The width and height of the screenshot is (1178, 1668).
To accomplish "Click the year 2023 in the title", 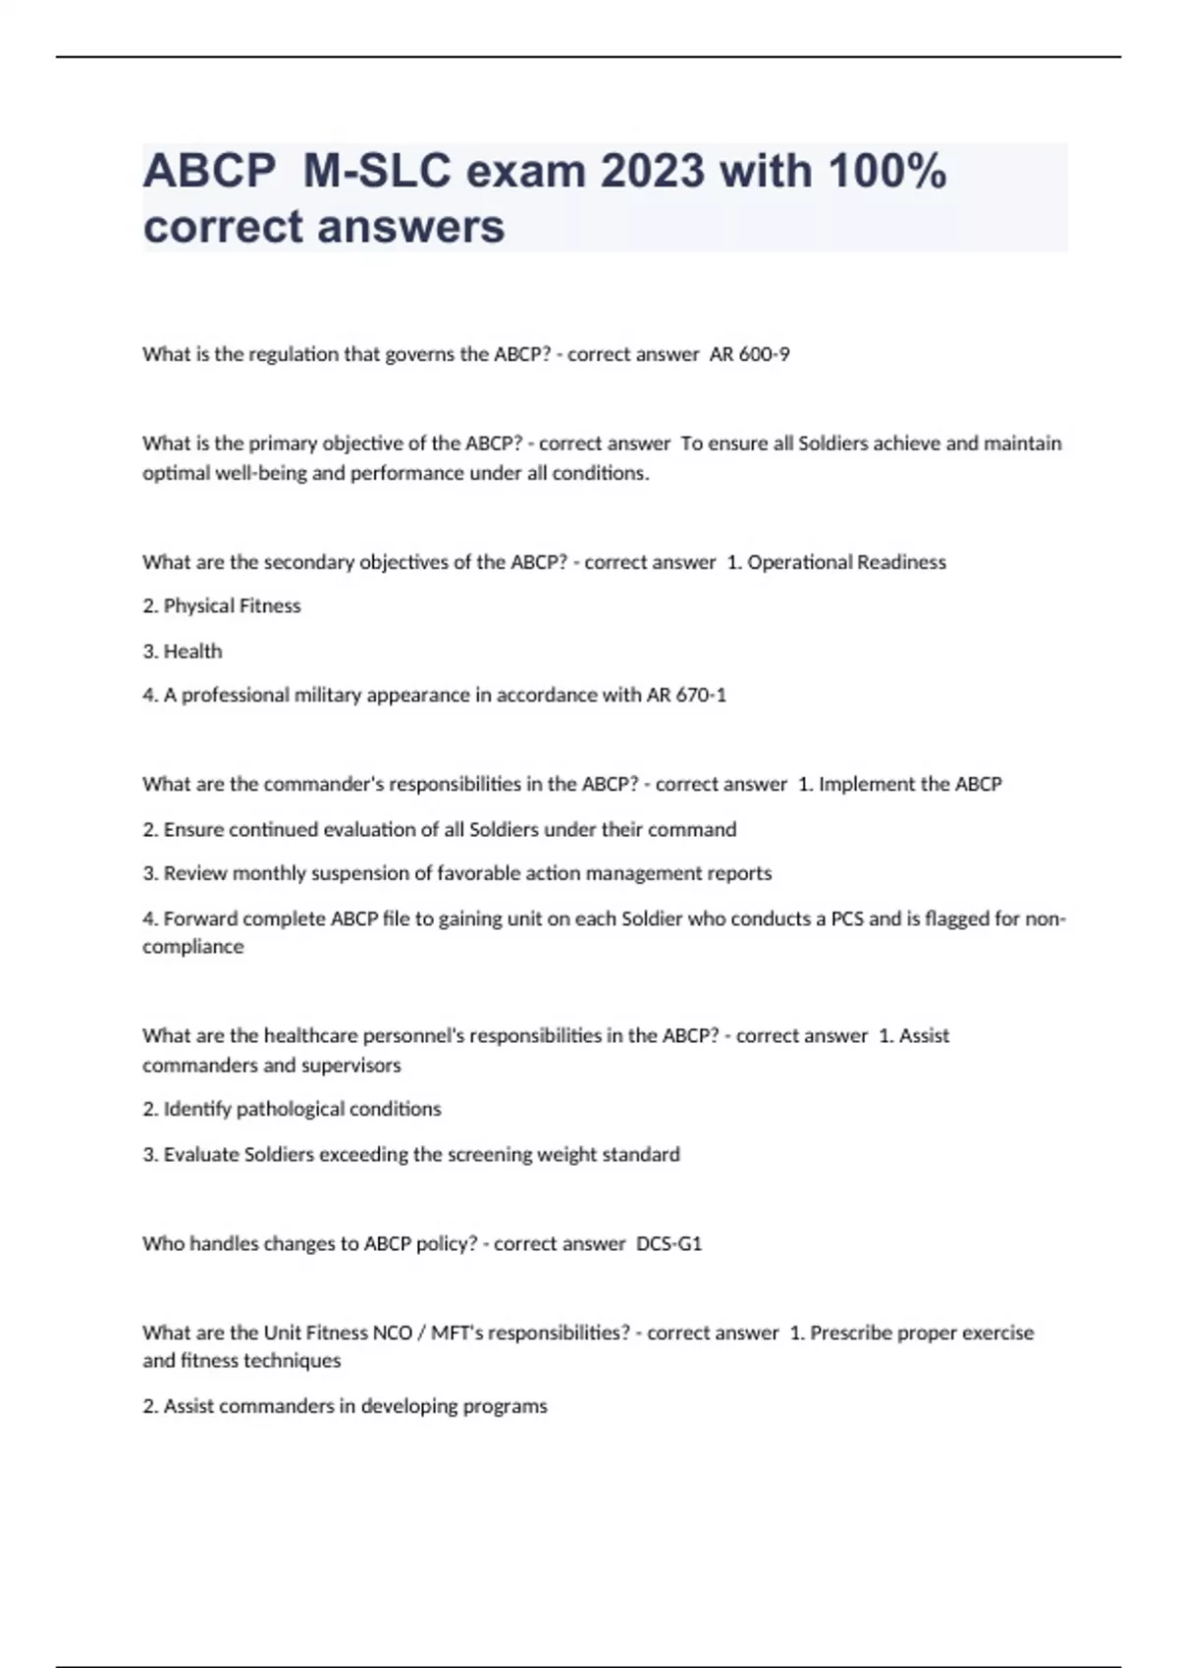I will click(652, 172).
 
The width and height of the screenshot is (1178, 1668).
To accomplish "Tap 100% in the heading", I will click(886, 172).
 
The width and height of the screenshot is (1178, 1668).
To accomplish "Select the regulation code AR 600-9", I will click(749, 354).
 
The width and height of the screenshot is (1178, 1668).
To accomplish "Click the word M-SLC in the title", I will click(377, 172).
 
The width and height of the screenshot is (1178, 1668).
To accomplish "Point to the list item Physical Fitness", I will click(232, 606).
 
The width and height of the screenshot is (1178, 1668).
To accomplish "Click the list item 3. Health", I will click(183, 652).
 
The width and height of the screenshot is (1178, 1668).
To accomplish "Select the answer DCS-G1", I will click(669, 1244).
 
